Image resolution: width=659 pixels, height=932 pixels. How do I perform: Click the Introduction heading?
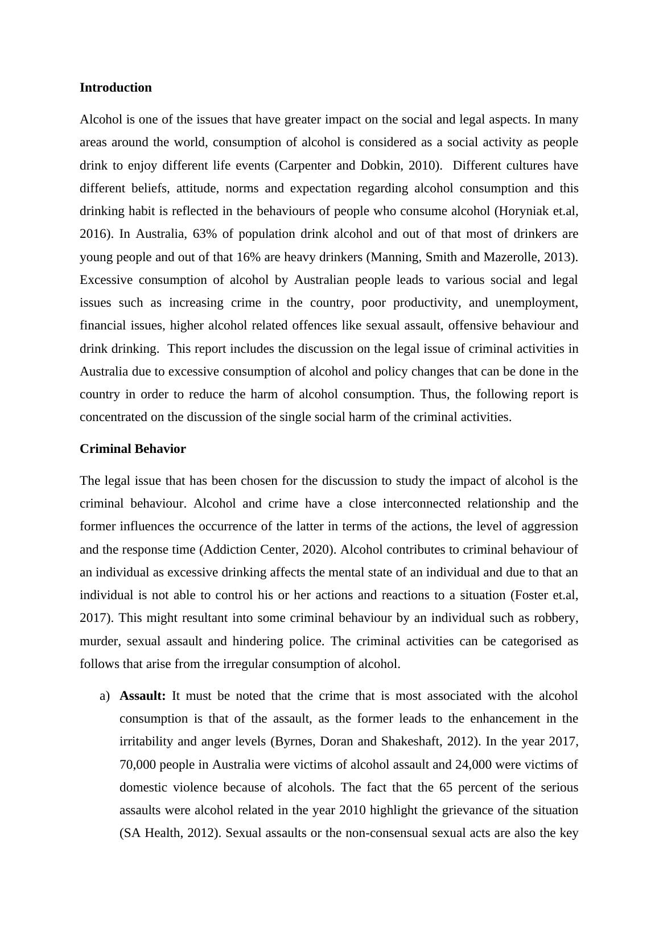click(116, 88)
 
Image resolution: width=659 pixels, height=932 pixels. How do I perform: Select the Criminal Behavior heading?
click(133, 449)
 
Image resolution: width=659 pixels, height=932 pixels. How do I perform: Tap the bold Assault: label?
click(143, 696)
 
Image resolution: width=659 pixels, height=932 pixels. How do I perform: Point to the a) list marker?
click(104, 696)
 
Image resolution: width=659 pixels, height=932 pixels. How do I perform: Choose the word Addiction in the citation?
click(229, 550)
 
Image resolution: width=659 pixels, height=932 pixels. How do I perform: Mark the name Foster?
click(532, 595)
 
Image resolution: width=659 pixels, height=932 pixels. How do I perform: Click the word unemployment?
click(536, 303)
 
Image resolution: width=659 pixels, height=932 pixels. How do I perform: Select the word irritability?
click(149, 741)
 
